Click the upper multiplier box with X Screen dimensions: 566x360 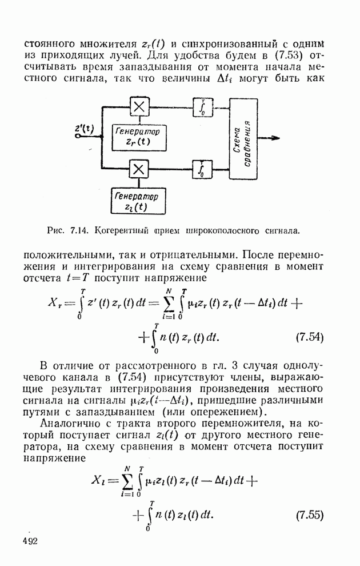(139, 107)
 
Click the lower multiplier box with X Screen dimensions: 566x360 (139, 169)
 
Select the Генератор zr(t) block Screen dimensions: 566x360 (137, 137)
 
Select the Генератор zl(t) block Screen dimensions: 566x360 (137, 201)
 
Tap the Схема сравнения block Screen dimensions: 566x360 (243, 138)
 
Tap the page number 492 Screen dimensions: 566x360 (30, 541)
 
